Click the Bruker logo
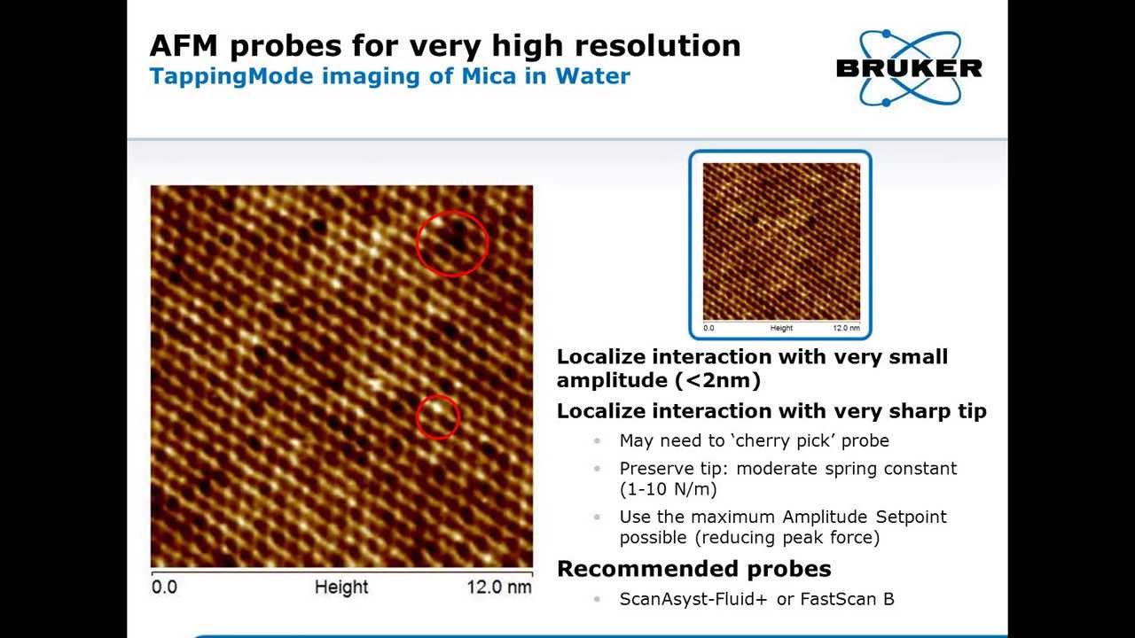(x=909, y=67)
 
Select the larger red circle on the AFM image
(x=451, y=243)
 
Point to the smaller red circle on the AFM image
(x=437, y=416)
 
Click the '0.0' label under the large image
(x=164, y=587)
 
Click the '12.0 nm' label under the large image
(x=499, y=587)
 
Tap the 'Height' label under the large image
(x=341, y=587)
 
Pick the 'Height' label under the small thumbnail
(x=781, y=329)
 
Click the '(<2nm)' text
(x=717, y=380)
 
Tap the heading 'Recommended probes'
(x=693, y=569)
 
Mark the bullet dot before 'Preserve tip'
(x=598, y=468)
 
